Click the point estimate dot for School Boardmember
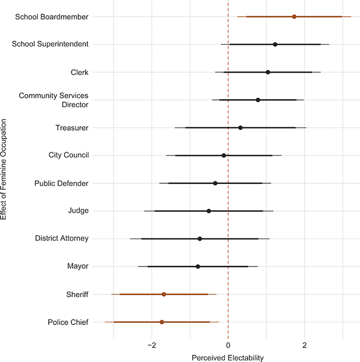point(294,17)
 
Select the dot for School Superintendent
point(275,44)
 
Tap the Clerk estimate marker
point(268,72)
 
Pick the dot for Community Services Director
point(258,100)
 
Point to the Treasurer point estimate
point(240,127)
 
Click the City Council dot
point(224,155)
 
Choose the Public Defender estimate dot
point(215,183)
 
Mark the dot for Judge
point(209,211)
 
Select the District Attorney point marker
point(200,239)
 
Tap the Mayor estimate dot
point(198,266)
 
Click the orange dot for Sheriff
point(164,294)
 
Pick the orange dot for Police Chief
point(162,322)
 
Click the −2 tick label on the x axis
point(151,345)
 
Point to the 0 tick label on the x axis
point(228,345)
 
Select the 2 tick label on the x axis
point(305,345)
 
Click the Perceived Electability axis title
point(228,357)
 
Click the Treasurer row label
point(72,127)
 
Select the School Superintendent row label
point(50,44)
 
